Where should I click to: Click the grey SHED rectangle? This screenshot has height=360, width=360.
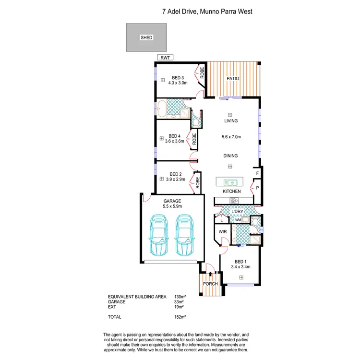(x=146, y=37)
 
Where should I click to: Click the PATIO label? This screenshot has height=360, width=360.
(x=233, y=79)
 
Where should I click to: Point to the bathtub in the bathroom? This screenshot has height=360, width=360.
(x=161, y=108)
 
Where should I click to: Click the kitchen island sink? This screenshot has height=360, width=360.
(x=229, y=182)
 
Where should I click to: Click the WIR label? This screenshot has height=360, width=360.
(x=222, y=231)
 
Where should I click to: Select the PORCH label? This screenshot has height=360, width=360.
(x=210, y=284)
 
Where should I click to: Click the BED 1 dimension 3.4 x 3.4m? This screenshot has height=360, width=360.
(x=241, y=266)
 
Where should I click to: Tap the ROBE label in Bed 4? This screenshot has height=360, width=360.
(x=194, y=140)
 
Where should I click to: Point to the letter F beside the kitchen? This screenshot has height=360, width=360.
(x=257, y=173)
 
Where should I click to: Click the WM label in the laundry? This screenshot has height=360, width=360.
(x=239, y=220)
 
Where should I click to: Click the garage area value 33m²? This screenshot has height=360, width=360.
(x=179, y=301)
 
